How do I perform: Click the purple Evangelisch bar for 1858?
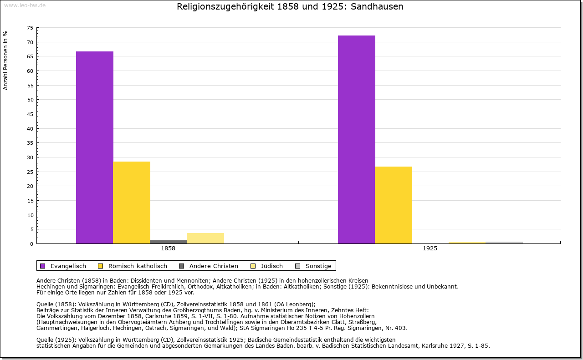pyautogui.click(x=94, y=147)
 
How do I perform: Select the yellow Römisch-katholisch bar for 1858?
pyautogui.click(x=132, y=203)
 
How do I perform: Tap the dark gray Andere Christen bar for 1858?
pyautogui.click(x=169, y=242)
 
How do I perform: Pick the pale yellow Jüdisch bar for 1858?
pyautogui.click(x=205, y=238)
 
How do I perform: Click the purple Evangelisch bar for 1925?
pyautogui.click(x=357, y=139)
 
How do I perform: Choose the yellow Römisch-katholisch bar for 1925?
pyautogui.click(x=394, y=205)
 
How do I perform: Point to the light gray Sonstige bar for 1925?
pyautogui.click(x=504, y=242)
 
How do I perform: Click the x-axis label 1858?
pyautogui.click(x=168, y=248)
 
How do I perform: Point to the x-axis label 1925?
pyautogui.click(x=430, y=248)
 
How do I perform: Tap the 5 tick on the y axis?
pyautogui.click(x=31, y=229)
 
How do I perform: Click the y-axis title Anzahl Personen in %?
pyautogui.click(x=5, y=61)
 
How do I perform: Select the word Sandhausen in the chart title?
pyautogui.click(x=377, y=7)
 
